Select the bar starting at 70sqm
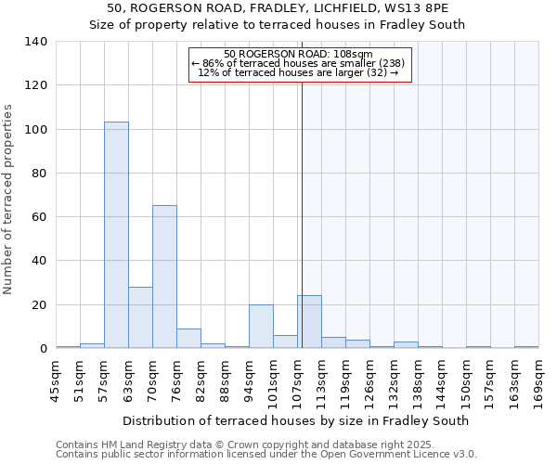point(164,277)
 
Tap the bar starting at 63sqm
point(140,317)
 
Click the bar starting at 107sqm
point(309,322)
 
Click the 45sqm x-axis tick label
point(57,380)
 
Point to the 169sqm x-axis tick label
point(539,380)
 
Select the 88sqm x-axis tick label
point(226,380)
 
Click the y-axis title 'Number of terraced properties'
point(8,200)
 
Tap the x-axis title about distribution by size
point(295,420)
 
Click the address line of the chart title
point(278,7)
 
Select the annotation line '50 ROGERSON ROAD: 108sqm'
point(299,55)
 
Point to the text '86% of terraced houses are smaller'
point(299,63)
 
